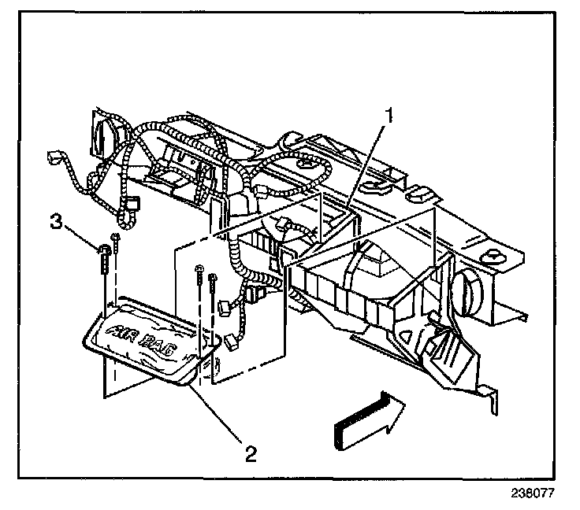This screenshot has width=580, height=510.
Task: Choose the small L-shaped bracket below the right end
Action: coord(490,397)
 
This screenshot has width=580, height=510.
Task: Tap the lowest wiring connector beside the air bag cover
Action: coord(231,342)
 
